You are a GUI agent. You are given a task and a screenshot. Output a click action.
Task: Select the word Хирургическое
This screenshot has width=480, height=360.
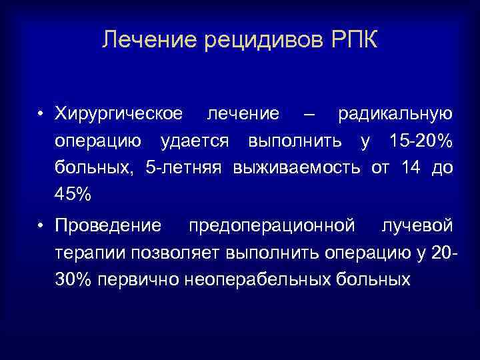tap(119, 115)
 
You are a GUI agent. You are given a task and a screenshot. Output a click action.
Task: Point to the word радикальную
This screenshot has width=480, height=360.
tap(395, 114)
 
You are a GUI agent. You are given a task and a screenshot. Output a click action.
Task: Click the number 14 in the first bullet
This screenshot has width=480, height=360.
tap(412, 169)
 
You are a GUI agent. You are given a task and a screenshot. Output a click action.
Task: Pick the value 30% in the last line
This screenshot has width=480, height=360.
tap(73, 280)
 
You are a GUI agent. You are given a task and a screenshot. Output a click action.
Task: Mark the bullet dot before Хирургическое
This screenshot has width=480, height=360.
tap(41, 115)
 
